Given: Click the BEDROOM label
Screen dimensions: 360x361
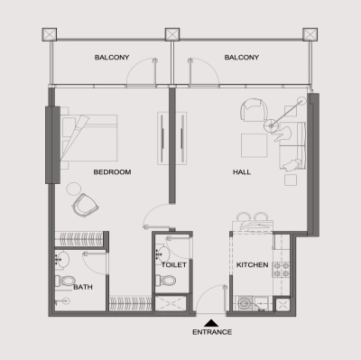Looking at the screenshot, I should point(113,171).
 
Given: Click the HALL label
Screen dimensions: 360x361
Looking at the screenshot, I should point(242,171).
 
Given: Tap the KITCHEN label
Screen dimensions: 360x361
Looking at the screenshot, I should point(253,266).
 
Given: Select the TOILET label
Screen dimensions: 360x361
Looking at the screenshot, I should point(173,266).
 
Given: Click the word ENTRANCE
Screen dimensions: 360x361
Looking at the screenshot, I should point(212,332).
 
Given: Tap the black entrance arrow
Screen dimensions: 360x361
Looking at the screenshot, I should point(212,321).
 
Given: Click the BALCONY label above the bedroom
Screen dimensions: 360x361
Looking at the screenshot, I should point(113,58).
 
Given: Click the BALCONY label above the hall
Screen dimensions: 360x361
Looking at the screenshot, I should point(242,58).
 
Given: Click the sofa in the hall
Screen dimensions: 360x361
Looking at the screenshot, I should point(292,149).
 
